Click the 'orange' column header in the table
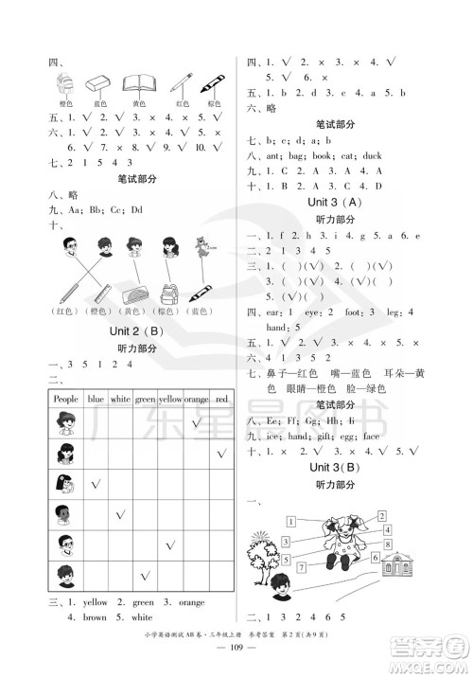coord(196,400)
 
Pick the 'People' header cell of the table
coord(65,400)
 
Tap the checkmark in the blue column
coord(96,484)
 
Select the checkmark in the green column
coord(145,575)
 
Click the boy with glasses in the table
coord(65,544)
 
